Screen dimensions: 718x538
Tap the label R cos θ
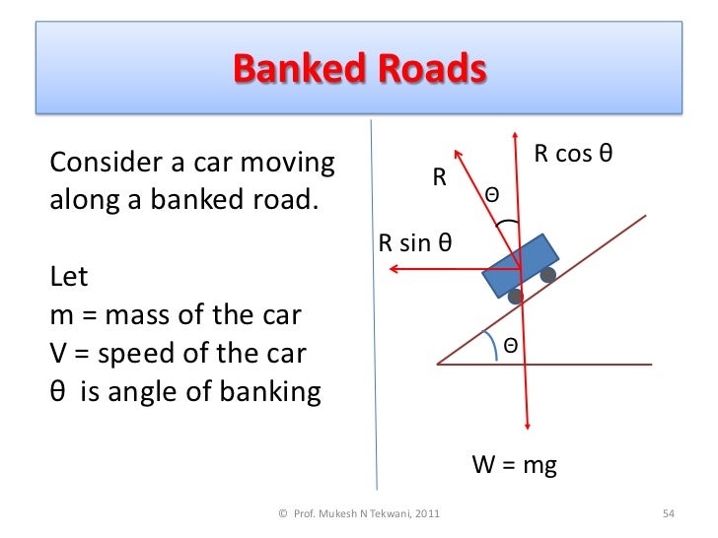point(574,155)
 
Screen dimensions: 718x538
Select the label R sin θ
point(415,243)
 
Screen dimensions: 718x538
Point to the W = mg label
point(515,465)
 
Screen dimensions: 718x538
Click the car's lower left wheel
point(514,296)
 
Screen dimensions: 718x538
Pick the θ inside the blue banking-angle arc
point(511,345)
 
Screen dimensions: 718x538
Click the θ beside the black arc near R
point(491,198)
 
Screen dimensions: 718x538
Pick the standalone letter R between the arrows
point(440,178)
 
